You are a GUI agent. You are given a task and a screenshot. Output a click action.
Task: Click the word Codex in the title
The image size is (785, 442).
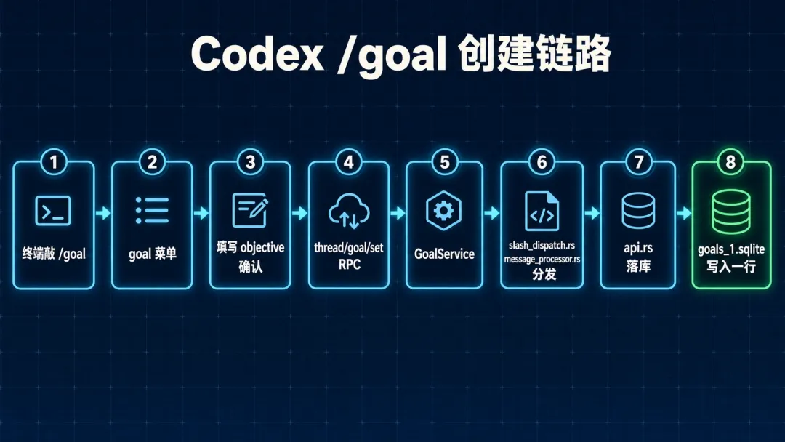[x=257, y=54]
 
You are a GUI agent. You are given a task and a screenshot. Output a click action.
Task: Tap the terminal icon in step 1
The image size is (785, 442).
[x=53, y=211]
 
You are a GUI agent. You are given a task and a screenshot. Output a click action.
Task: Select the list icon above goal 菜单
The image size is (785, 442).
[x=152, y=210]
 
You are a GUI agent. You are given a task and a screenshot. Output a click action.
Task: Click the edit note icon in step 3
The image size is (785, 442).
[x=250, y=210]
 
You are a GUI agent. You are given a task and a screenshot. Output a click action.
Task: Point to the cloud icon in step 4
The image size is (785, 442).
[x=349, y=212]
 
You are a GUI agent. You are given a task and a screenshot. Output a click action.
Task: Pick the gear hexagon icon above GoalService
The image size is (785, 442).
[x=443, y=211]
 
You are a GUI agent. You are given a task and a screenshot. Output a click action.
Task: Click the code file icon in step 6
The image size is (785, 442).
[x=542, y=212]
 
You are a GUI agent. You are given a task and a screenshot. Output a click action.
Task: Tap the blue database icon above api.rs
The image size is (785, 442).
[x=638, y=211]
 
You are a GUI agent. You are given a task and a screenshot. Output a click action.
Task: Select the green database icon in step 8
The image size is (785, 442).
[x=731, y=212]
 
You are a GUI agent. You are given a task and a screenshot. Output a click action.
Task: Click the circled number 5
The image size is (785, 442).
[x=445, y=162]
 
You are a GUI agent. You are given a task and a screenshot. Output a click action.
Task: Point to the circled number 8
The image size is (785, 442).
[x=730, y=162]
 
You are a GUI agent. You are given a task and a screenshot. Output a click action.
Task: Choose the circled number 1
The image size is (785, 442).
[x=54, y=162]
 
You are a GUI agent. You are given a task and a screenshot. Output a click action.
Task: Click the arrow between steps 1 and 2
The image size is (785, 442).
[x=103, y=213]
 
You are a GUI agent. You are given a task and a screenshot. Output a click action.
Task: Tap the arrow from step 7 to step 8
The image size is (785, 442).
[x=684, y=213]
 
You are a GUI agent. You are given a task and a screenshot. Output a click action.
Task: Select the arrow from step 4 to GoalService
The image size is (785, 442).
[x=398, y=213]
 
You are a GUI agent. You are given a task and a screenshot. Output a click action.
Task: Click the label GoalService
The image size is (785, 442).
[x=444, y=254]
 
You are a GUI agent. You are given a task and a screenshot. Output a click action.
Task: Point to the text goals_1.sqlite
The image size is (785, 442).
[x=731, y=249]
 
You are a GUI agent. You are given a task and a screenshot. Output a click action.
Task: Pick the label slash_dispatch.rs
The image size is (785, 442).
[x=542, y=245]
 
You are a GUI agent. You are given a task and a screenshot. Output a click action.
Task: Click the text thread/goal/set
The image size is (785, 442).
[x=349, y=247]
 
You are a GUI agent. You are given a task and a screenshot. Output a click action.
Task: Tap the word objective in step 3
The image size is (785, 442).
[x=262, y=248]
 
